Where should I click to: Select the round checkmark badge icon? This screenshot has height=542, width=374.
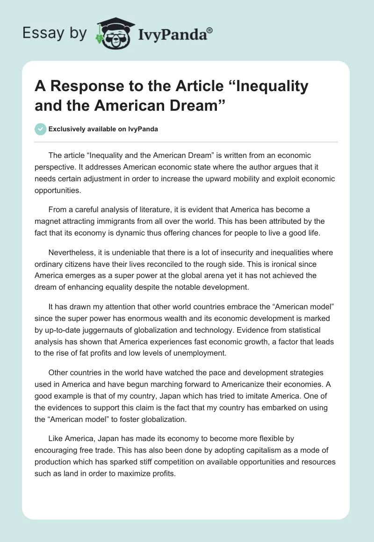41,129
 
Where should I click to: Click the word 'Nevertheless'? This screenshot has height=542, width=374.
72,252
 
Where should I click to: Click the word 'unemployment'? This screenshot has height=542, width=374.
198,353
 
